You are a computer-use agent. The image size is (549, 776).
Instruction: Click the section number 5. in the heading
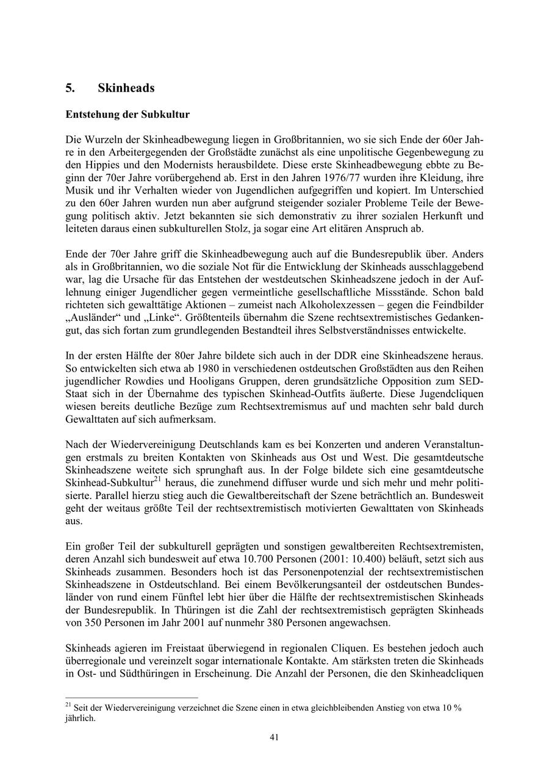click(70, 88)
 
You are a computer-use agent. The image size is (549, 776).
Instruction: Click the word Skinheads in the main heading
click(126, 88)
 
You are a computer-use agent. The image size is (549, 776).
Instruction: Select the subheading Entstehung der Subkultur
click(127, 115)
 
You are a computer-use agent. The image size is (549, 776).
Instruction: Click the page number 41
click(274, 738)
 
